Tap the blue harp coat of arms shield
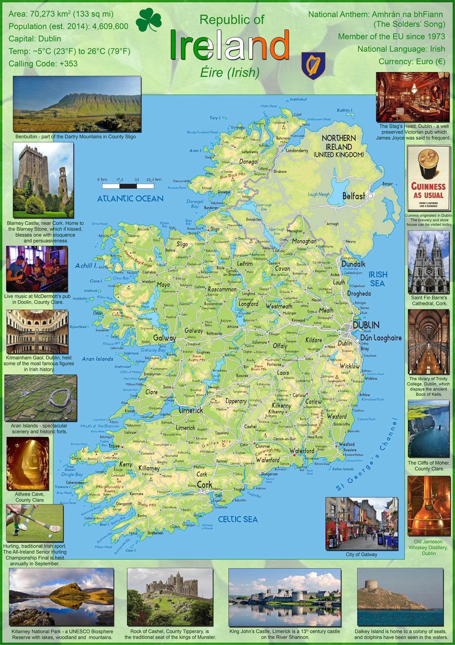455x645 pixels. click(313, 65)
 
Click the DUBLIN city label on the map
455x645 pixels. click(366, 325)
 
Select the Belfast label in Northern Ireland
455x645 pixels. click(353, 196)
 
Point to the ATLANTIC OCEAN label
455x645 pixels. click(130, 199)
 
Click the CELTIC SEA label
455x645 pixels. click(238, 519)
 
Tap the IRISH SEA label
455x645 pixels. click(378, 279)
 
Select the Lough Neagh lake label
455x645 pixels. click(318, 194)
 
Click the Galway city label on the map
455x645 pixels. click(164, 338)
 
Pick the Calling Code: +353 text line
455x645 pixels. click(43, 64)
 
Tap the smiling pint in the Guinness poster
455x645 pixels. click(428, 163)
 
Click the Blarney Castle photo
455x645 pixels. click(43, 180)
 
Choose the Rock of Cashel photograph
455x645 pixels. click(170, 597)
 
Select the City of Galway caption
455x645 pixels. click(361, 554)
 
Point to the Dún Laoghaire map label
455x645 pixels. click(380, 338)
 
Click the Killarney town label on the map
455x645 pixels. click(149, 468)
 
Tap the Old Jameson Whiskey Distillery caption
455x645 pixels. click(428, 547)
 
